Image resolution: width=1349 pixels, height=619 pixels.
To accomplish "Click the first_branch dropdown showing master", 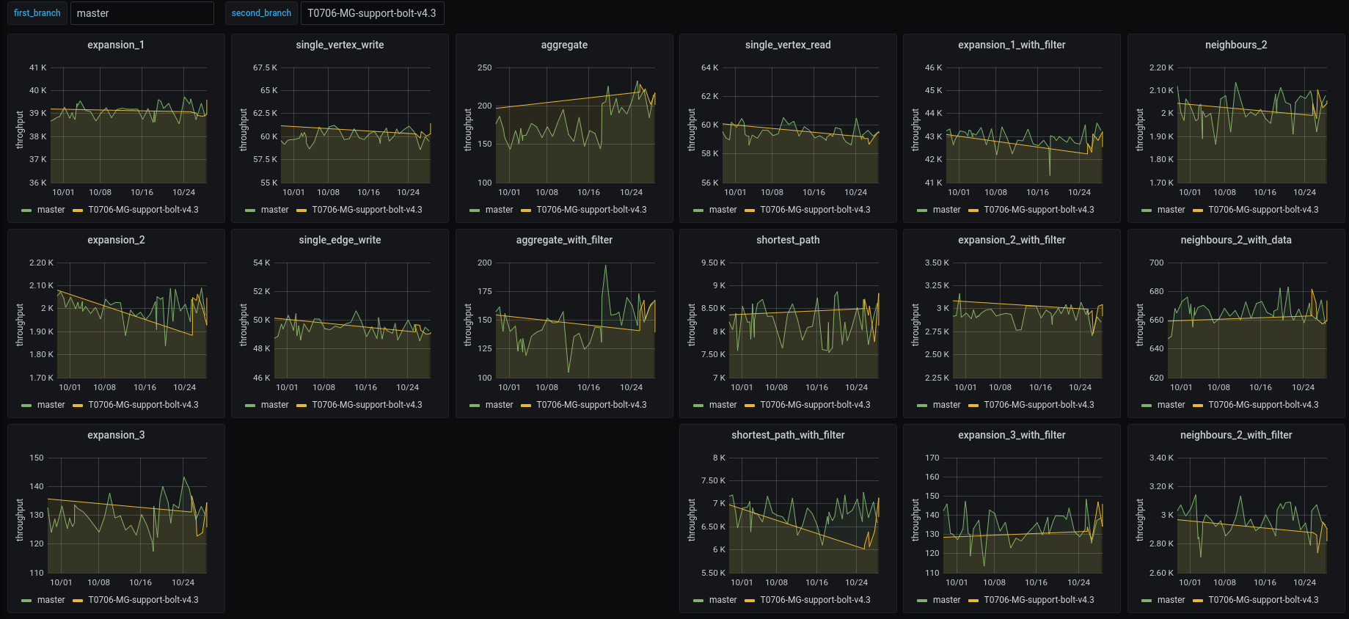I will coord(142,13).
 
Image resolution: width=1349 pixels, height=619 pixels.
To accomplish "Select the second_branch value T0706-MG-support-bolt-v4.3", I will coord(371,13).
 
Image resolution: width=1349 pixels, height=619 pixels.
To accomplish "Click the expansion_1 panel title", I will coord(116,45).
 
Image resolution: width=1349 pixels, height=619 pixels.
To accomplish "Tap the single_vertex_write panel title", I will coord(340,45).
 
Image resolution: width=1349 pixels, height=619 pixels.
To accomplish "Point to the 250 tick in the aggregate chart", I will coord(484,67).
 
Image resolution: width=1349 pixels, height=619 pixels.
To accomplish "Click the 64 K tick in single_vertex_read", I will coord(709,67).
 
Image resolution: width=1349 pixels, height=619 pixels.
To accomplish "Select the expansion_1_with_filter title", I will coord(1012,45).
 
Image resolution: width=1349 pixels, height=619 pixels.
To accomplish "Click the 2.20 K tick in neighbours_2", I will coord(1161,67).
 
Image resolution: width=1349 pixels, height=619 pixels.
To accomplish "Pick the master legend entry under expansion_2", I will coord(51,405).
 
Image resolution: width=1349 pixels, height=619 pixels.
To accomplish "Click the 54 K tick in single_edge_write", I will coord(261,263).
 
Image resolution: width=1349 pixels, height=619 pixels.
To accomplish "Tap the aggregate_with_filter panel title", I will coord(564,240).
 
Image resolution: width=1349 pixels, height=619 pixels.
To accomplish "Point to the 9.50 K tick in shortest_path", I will coord(713,263).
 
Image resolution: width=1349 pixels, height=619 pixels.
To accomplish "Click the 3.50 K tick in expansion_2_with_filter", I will coord(937,263).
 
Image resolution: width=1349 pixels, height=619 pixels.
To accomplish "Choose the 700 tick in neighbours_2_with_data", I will coord(1156,263).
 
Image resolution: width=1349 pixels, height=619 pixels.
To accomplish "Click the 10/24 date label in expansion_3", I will coord(183,582).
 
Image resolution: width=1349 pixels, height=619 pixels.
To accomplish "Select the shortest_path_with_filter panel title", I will coord(788,435).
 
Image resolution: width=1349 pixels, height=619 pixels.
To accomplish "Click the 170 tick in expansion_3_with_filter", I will coord(932,458).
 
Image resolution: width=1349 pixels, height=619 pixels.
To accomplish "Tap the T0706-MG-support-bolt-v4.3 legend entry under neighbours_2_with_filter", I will coord(1262,600).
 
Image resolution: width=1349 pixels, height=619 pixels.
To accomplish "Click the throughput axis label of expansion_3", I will coord(20,520).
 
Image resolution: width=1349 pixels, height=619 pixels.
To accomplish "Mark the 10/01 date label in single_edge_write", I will coord(287,387).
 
